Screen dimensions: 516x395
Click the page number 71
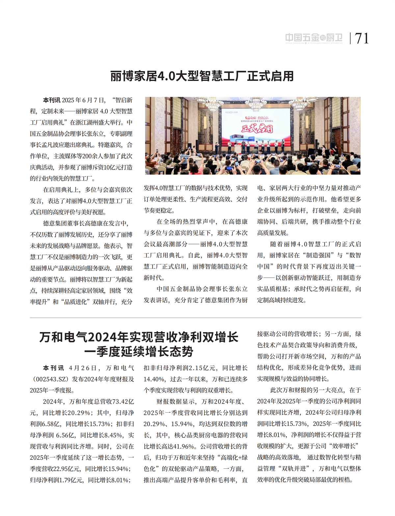(x=362, y=38)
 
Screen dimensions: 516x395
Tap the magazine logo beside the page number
(x=314, y=38)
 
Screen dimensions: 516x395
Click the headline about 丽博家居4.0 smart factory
(x=202, y=76)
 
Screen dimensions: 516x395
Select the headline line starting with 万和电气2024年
(x=139, y=337)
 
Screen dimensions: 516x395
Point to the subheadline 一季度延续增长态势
(x=139, y=352)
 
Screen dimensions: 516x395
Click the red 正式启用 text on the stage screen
(x=257, y=128)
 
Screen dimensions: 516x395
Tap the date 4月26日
(x=83, y=368)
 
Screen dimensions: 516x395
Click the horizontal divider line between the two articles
(x=196, y=318)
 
